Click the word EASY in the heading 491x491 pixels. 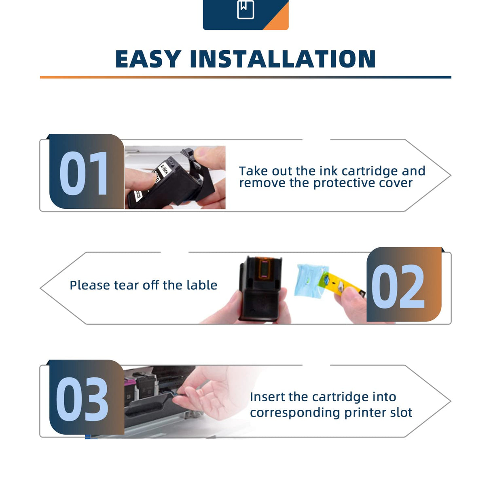click(x=148, y=59)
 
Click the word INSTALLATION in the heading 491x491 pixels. click(x=283, y=59)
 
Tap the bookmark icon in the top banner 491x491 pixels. click(x=246, y=9)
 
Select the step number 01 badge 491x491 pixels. click(x=85, y=173)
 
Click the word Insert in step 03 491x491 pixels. click(x=267, y=397)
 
